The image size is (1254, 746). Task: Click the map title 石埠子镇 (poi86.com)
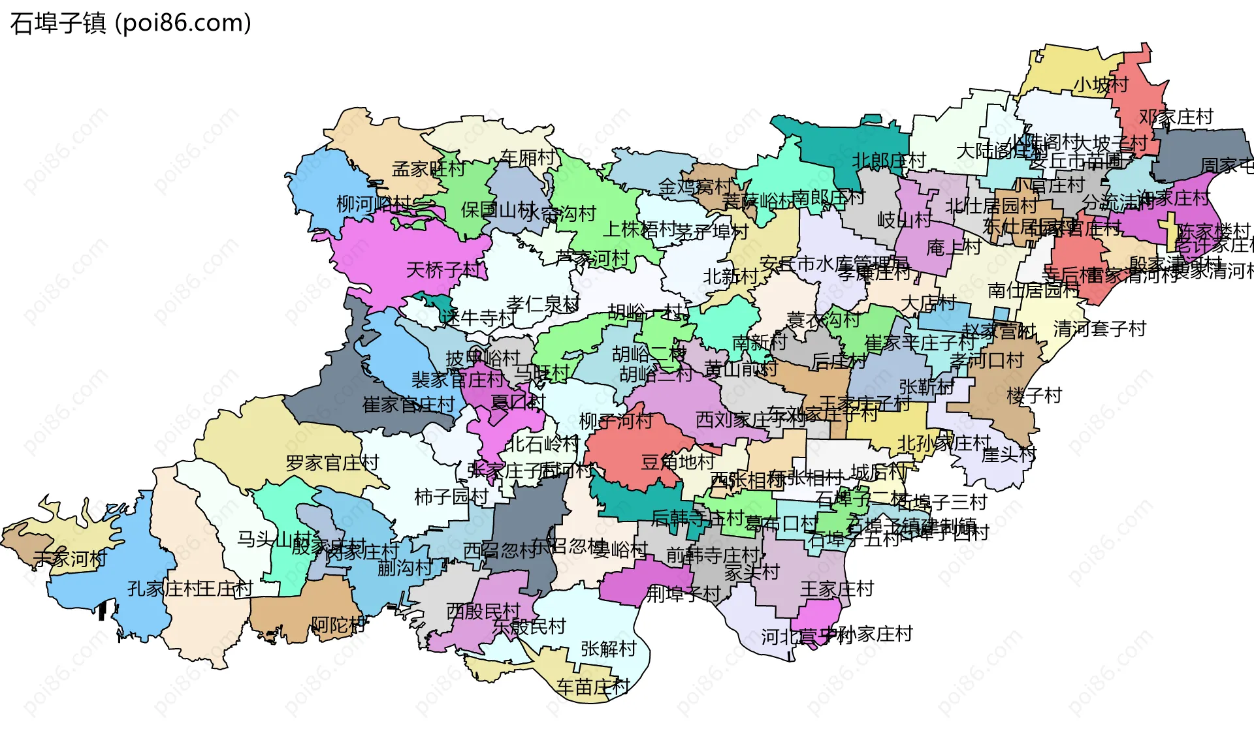131,23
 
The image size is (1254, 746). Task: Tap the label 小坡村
1101,85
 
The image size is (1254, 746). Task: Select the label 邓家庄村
1176,117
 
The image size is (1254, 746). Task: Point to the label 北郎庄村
889,160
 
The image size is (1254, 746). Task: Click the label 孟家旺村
428,169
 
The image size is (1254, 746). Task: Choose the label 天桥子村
443,270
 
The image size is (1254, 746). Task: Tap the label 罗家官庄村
332,463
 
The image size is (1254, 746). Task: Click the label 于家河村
70,559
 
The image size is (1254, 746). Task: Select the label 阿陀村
338,625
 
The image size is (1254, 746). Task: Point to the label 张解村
608,649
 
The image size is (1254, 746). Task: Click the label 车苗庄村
593,686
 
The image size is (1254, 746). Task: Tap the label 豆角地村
678,462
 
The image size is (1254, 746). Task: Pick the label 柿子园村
451,497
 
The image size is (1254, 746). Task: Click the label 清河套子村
1100,328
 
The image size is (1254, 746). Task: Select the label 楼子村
1035,395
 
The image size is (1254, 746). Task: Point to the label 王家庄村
837,589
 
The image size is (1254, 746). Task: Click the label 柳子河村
616,421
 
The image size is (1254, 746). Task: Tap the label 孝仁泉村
543,303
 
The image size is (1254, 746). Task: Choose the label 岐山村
904,220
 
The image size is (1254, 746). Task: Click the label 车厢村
528,157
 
